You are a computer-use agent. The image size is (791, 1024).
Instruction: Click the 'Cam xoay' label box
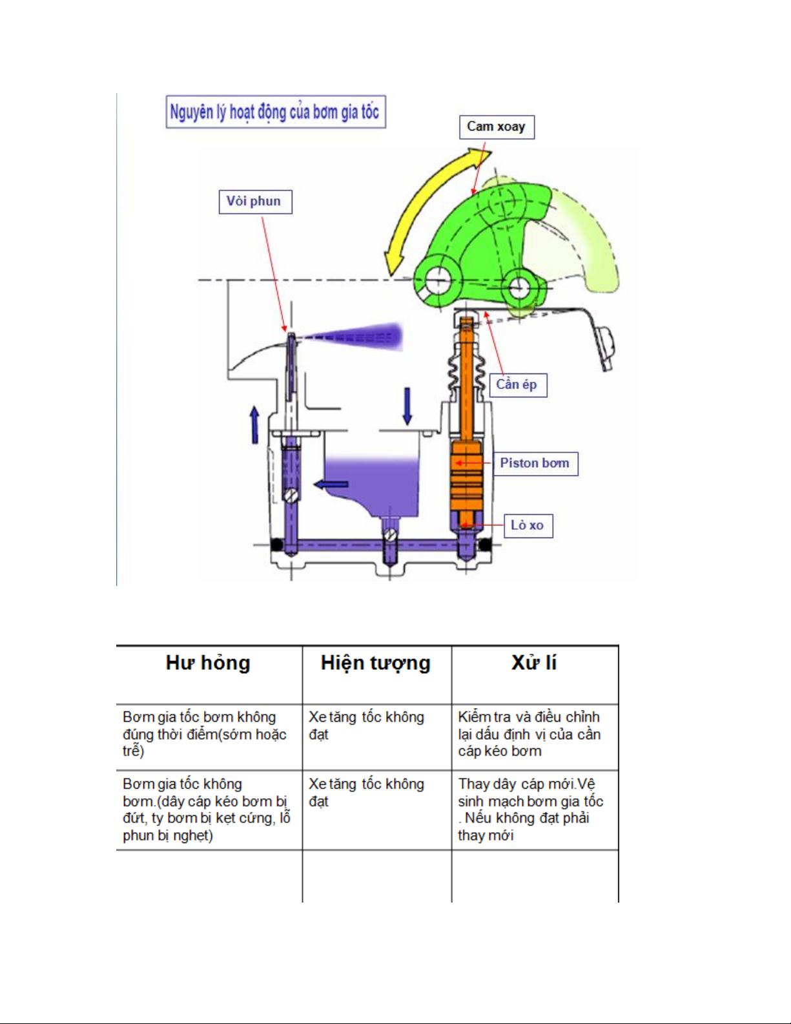(496, 127)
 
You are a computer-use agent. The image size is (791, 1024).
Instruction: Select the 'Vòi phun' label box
(254, 202)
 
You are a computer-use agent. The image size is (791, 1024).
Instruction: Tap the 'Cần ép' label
(517, 385)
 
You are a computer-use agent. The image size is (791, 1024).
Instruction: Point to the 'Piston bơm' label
(535, 463)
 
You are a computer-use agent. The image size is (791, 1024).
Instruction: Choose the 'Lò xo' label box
(528, 525)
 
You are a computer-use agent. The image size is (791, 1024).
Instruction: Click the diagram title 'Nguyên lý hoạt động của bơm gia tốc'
(275, 112)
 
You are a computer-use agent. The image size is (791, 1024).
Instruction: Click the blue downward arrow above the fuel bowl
(407, 406)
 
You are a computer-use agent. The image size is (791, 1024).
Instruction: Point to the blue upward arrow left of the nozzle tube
(254, 424)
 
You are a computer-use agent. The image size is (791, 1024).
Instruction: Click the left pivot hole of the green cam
(437, 280)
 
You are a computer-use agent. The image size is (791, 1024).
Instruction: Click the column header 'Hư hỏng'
(208, 664)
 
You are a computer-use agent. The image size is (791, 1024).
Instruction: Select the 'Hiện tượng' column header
(376, 664)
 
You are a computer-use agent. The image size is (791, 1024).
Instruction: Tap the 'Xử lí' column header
(534, 664)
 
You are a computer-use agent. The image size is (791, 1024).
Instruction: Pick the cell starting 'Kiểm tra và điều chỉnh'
(529, 734)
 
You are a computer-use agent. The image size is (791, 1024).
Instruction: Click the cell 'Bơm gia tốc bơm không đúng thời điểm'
(205, 734)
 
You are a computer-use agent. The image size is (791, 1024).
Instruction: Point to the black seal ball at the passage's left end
(276, 545)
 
